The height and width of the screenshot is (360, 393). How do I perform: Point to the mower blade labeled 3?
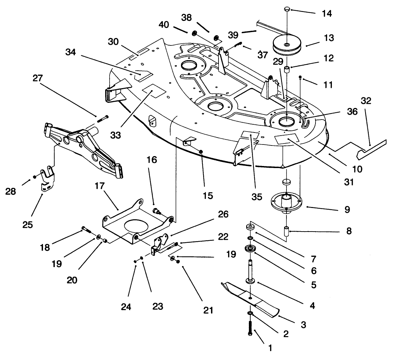(251, 297)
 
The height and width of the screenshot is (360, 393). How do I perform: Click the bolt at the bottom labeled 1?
(250, 328)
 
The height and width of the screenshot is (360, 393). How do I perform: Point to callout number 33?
(116, 135)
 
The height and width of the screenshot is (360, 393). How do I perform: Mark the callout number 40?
(164, 25)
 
